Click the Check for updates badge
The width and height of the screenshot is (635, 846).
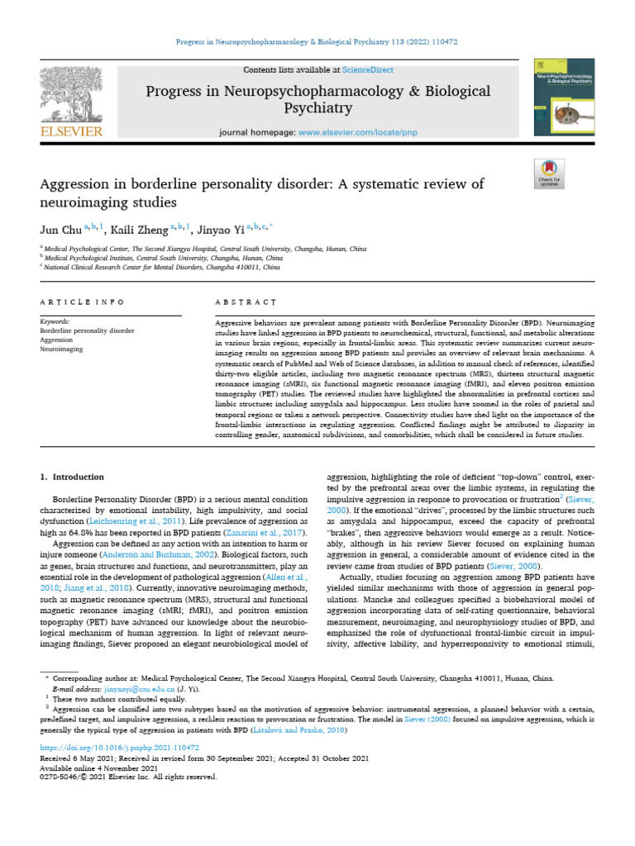[x=548, y=177]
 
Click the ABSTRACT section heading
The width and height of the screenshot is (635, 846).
[x=240, y=303]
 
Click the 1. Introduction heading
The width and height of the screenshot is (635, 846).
[x=73, y=477]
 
